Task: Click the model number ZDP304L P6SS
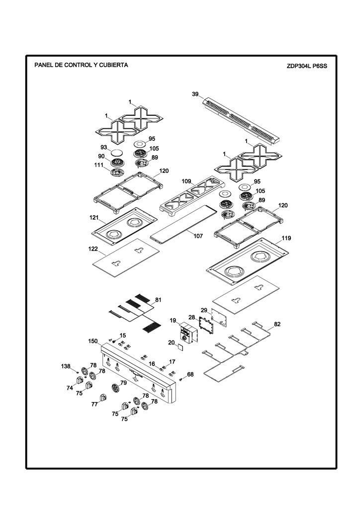coord(307,66)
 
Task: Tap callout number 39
coord(195,94)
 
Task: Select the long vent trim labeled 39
coord(242,121)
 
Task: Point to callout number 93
coord(104,147)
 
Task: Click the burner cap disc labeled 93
coord(117,152)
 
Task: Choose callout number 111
coord(98,165)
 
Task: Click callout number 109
coord(186,181)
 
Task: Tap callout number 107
coord(198,236)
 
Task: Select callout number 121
coord(94,218)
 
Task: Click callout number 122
coord(93,249)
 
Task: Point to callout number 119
coord(286,238)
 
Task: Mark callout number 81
coord(158,300)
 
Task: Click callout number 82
coord(277,324)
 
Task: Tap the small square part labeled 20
coord(180,347)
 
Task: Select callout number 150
coord(93,341)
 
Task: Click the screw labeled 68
coord(181,379)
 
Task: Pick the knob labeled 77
coord(103,397)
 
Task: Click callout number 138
coord(66,366)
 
